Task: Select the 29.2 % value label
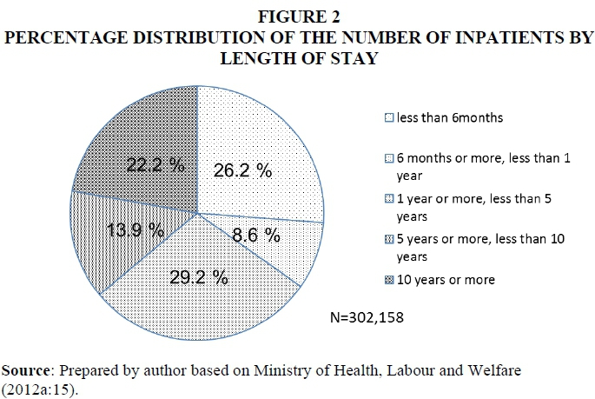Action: coord(199,278)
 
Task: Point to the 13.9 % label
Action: coord(136,230)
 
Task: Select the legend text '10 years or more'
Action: coord(446,280)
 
